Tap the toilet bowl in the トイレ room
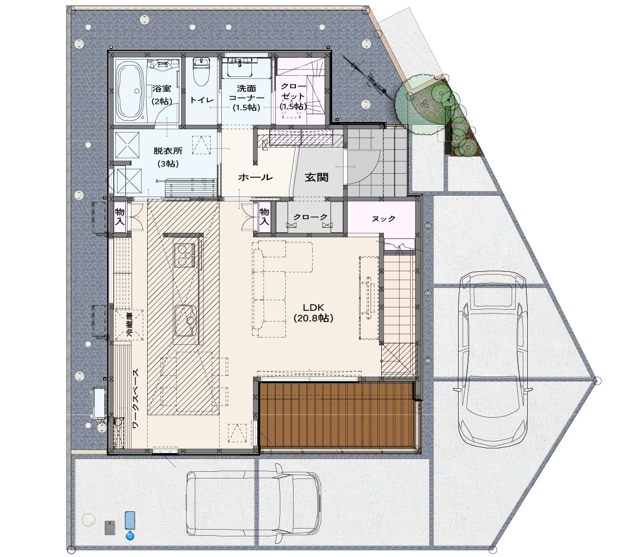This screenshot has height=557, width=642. (x=201, y=72)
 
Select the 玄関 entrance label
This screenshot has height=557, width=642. (x=317, y=177)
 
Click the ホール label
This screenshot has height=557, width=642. (x=255, y=177)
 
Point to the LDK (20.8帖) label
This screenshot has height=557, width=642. (x=313, y=312)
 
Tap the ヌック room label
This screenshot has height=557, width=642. (x=383, y=218)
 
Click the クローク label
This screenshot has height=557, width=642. (x=310, y=217)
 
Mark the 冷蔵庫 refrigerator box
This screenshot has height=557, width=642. (x=129, y=325)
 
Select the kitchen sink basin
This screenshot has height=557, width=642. (x=185, y=321)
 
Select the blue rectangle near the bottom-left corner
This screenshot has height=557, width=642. (x=130, y=521)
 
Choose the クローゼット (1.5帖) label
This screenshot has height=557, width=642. (x=294, y=96)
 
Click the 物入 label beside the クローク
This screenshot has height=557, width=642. (x=264, y=217)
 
